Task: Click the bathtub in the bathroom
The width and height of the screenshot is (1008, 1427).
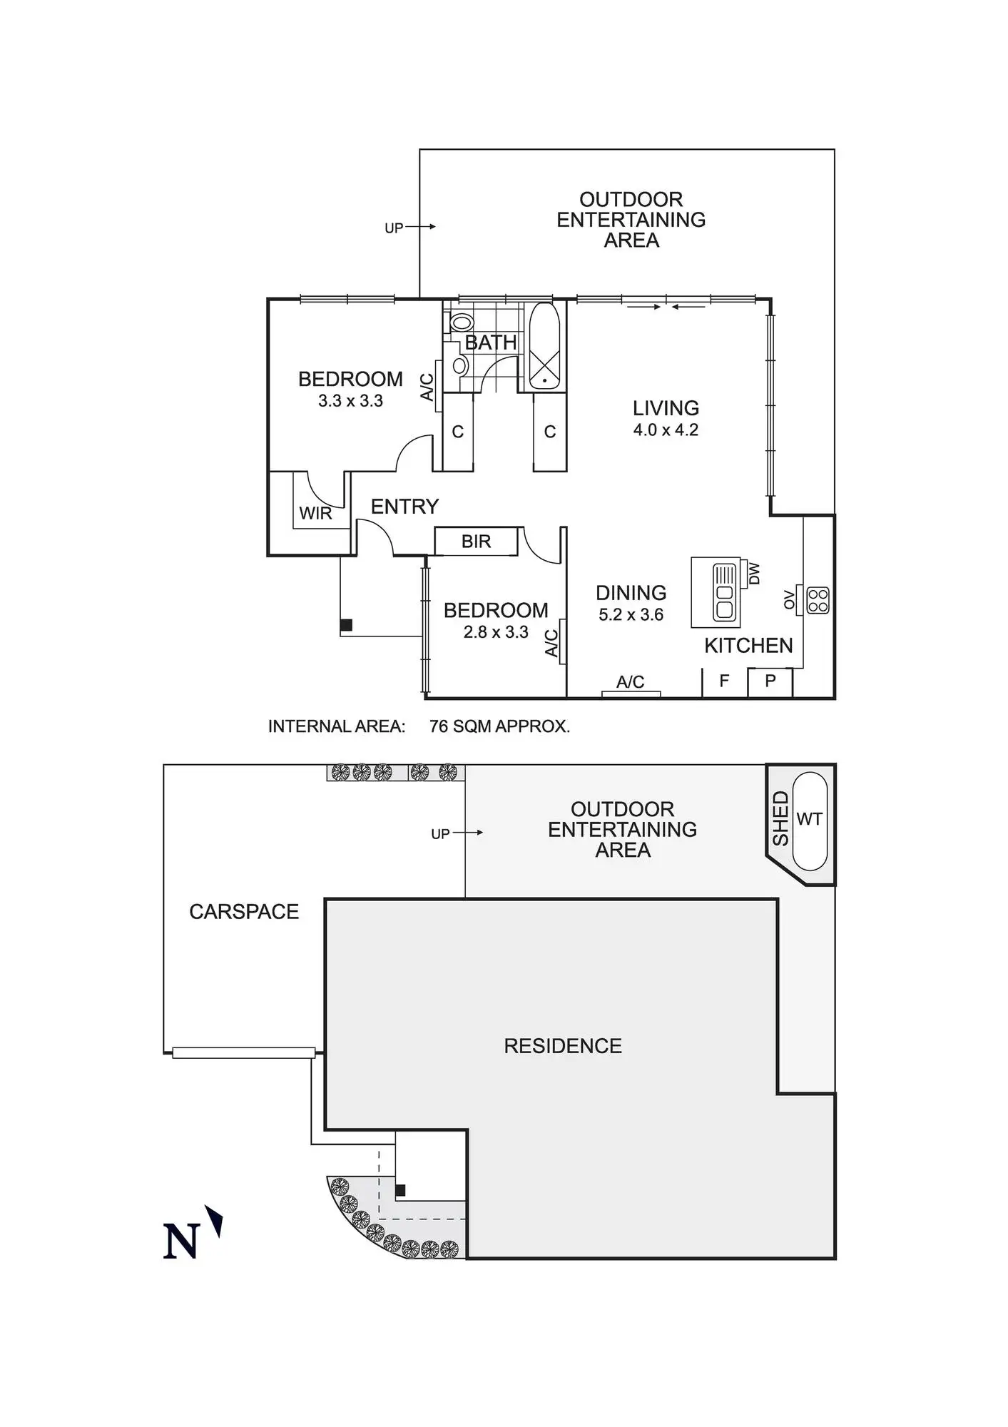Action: pyautogui.click(x=544, y=347)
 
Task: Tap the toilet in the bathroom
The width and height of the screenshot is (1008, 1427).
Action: pyautogui.click(x=462, y=322)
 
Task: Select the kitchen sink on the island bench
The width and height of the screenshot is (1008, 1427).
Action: pyautogui.click(x=725, y=592)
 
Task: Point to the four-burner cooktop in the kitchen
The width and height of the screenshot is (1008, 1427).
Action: pyautogui.click(x=818, y=600)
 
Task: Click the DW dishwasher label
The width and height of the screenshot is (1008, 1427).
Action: pyautogui.click(x=755, y=574)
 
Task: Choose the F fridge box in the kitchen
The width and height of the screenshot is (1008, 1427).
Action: pyautogui.click(x=724, y=681)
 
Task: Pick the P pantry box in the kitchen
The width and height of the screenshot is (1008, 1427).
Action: pyautogui.click(x=770, y=681)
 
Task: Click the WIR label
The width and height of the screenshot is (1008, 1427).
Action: pyautogui.click(x=315, y=514)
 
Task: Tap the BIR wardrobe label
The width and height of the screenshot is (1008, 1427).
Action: pyautogui.click(x=476, y=542)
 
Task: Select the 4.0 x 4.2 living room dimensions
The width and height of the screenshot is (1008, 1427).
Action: pyautogui.click(x=666, y=430)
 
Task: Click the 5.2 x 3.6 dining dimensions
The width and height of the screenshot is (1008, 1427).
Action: pyautogui.click(x=631, y=614)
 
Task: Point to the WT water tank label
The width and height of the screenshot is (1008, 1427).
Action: pyautogui.click(x=809, y=819)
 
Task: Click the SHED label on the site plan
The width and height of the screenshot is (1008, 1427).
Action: pyautogui.click(x=780, y=818)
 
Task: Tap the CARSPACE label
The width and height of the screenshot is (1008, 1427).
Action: pyautogui.click(x=244, y=912)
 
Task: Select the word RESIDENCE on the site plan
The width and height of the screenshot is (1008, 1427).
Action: pyautogui.click(x=563, y=1046)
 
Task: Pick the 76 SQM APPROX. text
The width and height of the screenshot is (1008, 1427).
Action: pyautogui.click(x=499, y=726)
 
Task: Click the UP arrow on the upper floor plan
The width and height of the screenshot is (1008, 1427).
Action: pyautogui.click(x=409, y=228)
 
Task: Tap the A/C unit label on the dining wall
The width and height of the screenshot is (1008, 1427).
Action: pyautogui.click(x=630, y=682)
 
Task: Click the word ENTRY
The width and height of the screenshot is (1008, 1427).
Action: pyautogui.click(x=404, y=507)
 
